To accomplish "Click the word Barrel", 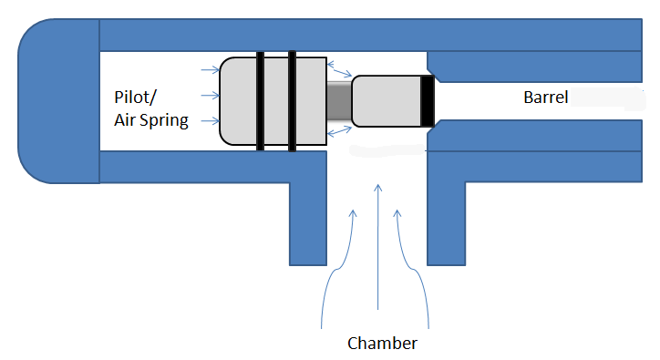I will point(545,98).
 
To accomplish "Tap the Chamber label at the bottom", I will point(382,344).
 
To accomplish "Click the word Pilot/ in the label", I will point(134,98).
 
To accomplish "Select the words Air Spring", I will point(151,119).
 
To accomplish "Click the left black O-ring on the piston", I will point(261,100).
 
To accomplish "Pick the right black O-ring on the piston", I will point(293,100).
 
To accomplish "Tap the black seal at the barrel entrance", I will point(427,100).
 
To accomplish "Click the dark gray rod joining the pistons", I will point(339,100).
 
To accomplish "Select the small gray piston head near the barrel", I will point(385,100).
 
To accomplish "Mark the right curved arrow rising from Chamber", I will point(412,264).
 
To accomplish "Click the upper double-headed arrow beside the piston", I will point(342,67).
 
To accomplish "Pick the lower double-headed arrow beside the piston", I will point(339,133).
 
